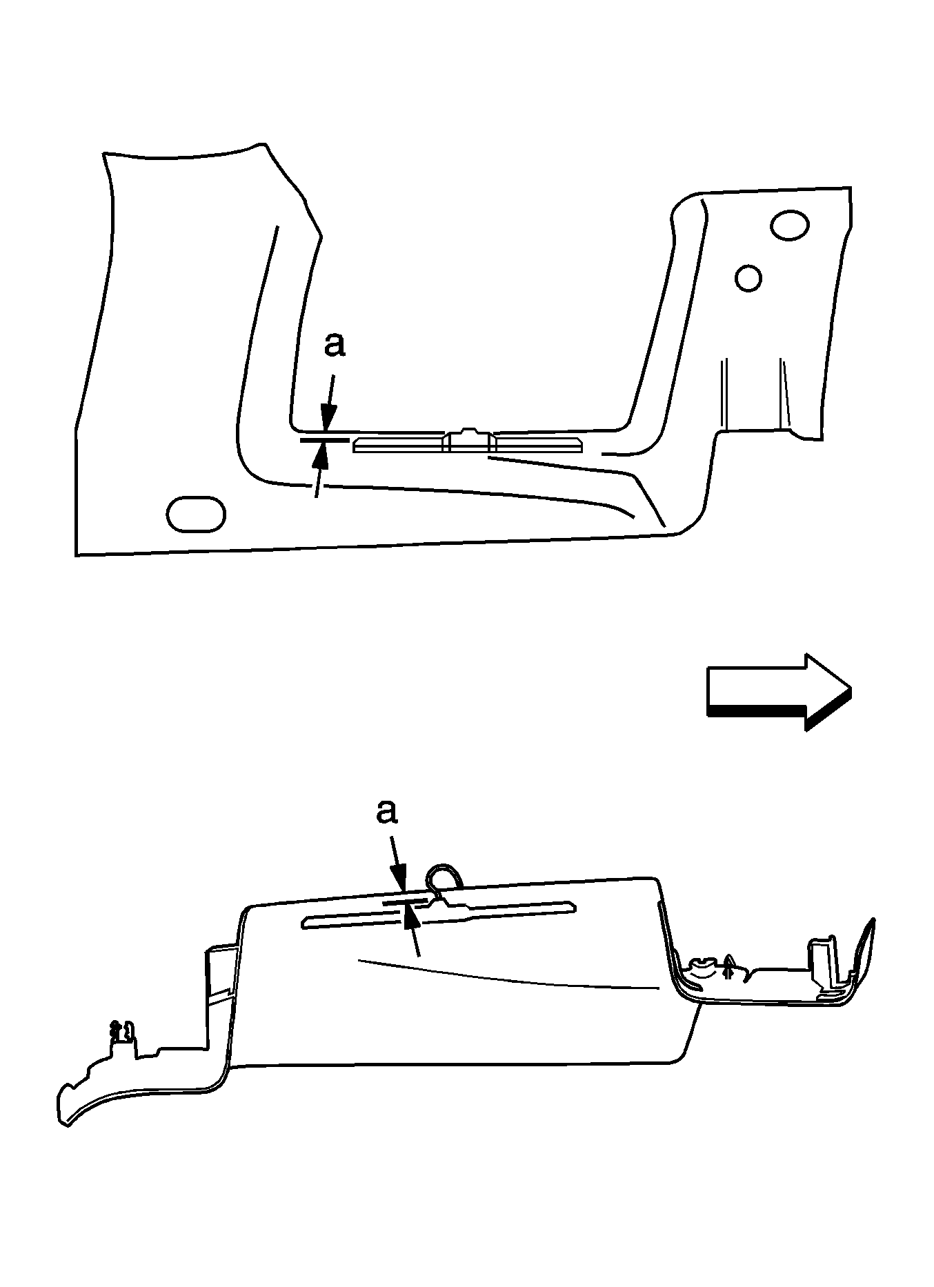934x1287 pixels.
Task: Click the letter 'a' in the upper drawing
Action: (335, 346)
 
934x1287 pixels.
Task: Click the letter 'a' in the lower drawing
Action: (387, 812)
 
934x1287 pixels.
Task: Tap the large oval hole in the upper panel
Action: (790, 226)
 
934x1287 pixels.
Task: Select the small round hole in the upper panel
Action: (748, 278)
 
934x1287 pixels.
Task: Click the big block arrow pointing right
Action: (779, 691)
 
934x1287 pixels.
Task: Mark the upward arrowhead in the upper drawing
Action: (321, 453)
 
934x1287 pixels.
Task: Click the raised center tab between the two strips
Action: (469, 439)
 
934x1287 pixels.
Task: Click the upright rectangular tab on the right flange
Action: (824, 964)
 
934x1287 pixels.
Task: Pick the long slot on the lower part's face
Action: (439, 914)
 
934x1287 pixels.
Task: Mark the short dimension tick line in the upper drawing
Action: (325, 438)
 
